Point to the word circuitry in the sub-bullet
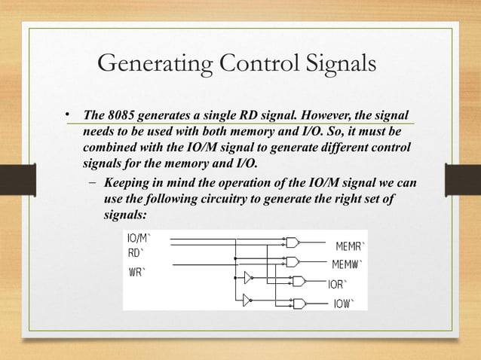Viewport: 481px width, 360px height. click(x=222, y=200)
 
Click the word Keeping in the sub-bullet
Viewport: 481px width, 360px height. click(x=127, y=184)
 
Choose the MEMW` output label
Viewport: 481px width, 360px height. click(x=348, y=264)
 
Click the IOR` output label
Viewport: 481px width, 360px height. click(x=337, y=285)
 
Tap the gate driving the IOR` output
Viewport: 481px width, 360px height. click(x=298, y=282)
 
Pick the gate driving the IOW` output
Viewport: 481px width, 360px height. click(x=298, y=304)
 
